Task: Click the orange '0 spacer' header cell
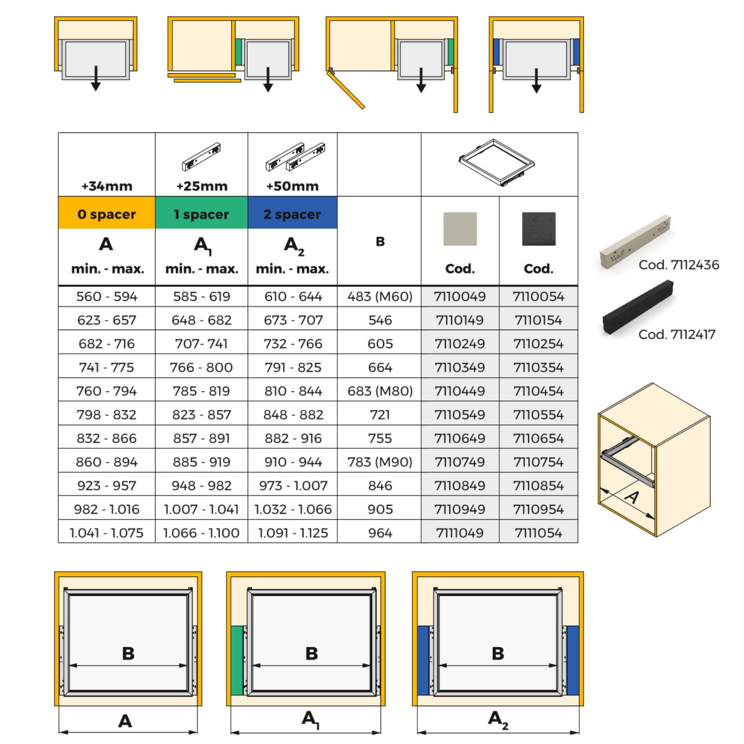tap(107, 214)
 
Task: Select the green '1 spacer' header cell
tap(201, 214)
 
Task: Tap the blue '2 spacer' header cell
tap(292, 214)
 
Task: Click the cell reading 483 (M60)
tap(380, 296)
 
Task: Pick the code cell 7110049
tap(460, 296)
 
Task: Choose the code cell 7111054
tap(538, 533)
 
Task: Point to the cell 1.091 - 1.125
tap(293, 533)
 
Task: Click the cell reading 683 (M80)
tap(380, 391)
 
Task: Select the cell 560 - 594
tap(107, 296)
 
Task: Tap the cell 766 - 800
tap(201, 368)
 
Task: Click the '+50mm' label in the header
tap(292, 186)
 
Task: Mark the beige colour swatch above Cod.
tap(460, 229)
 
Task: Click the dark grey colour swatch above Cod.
tap(538, 229)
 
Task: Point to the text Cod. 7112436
tap(679, 265)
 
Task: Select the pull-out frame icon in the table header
tap(497, 163)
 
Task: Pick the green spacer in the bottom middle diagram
tap(237, 660)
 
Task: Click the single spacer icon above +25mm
tap(201, 156)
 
